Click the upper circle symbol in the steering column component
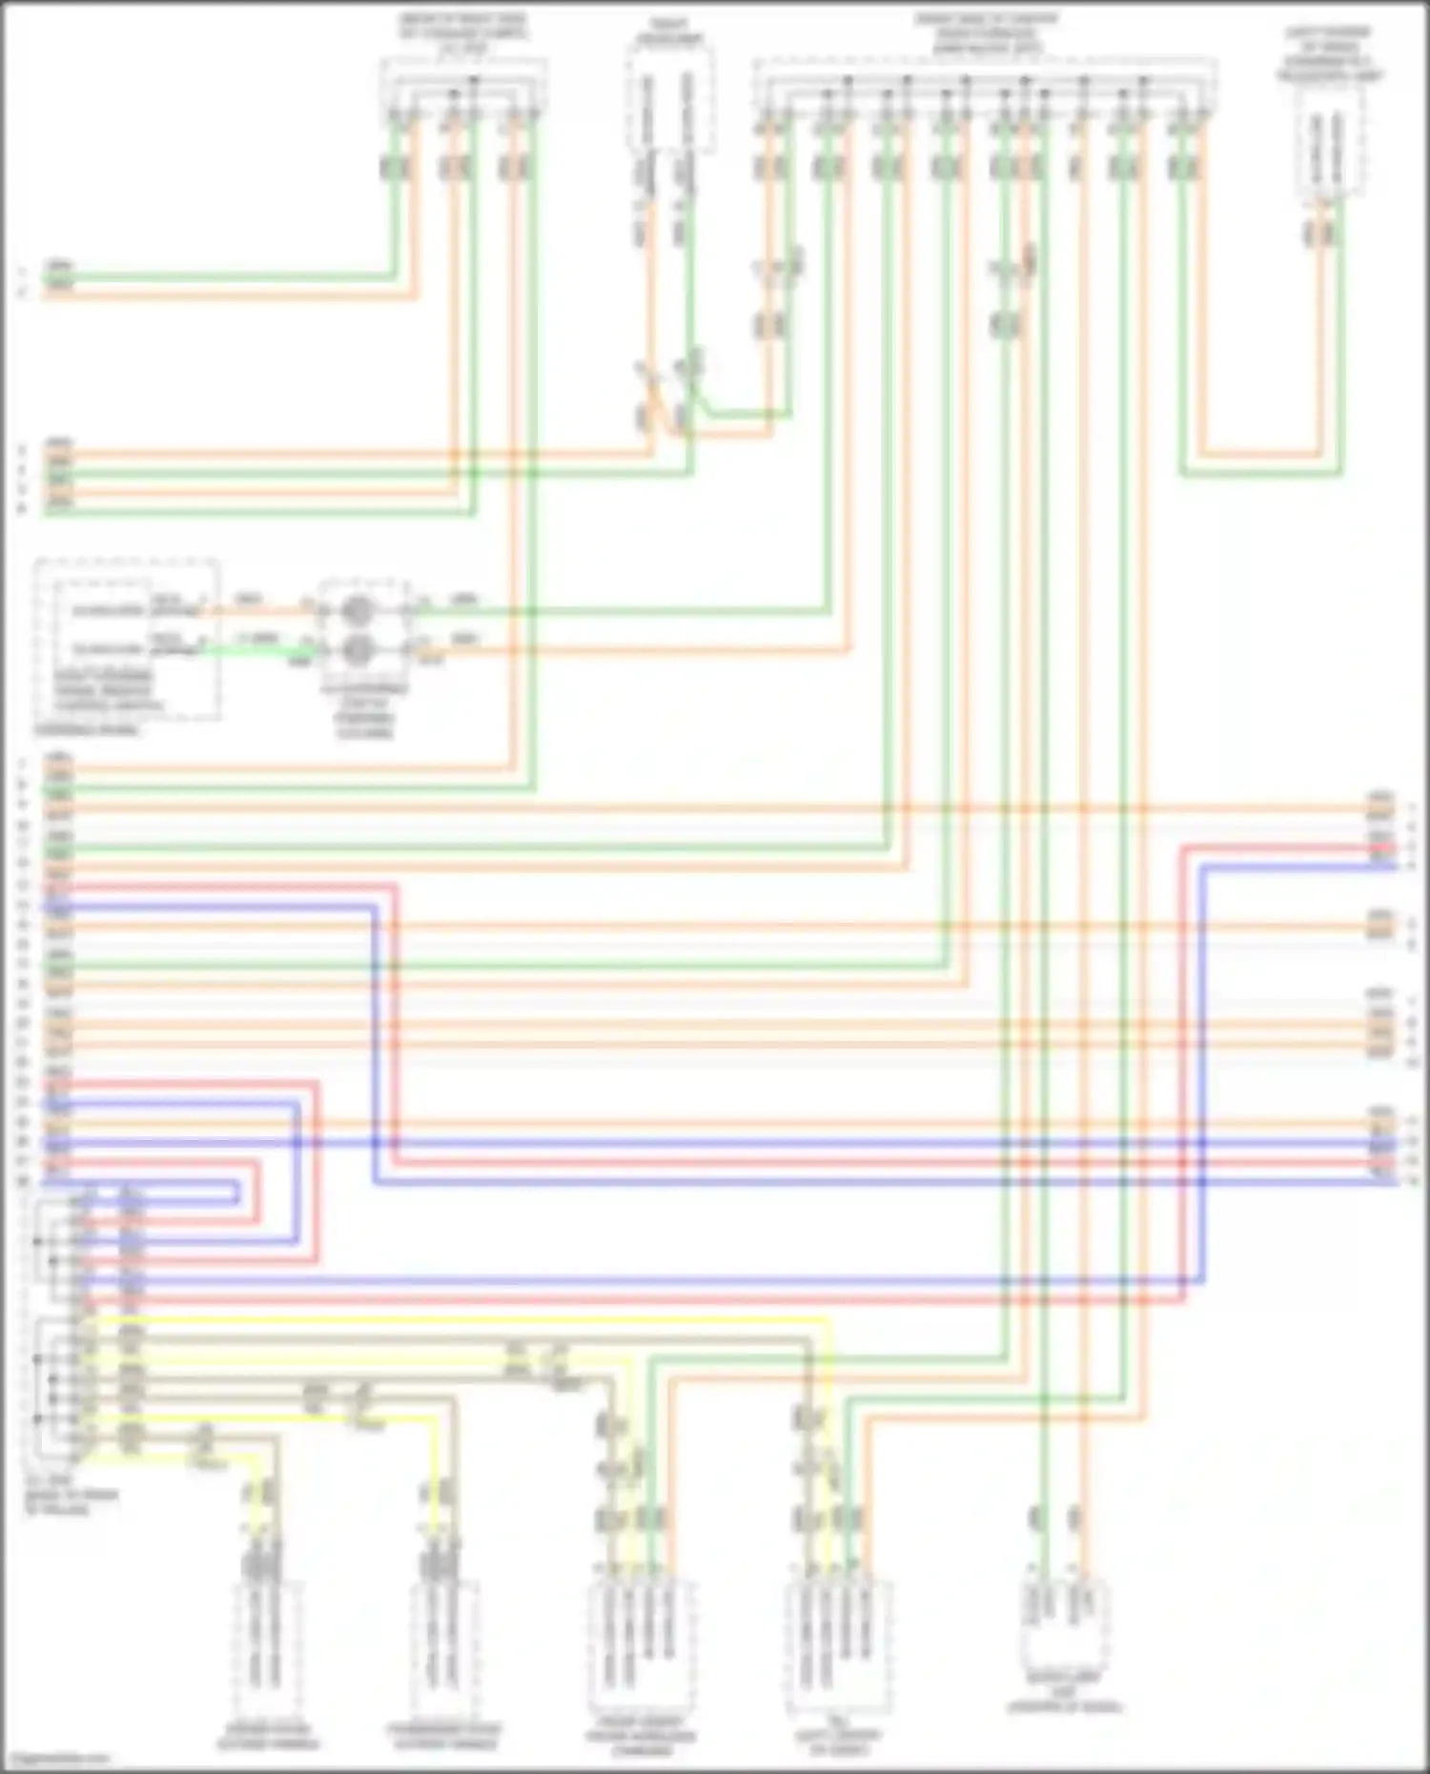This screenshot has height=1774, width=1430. point(357,607)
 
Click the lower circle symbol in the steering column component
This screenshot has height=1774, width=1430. point(357,649)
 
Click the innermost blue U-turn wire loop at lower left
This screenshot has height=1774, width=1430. point(237,1192)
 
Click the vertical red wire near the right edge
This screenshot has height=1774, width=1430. point(1183,1049)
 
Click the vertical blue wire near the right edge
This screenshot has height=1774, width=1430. point(1202,1049)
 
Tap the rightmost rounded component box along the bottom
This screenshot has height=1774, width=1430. point(1064,1621)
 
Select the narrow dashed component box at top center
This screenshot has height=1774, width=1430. point(670,100)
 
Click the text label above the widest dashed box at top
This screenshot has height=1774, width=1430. point(986,33)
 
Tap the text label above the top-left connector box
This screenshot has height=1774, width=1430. point(463,33)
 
